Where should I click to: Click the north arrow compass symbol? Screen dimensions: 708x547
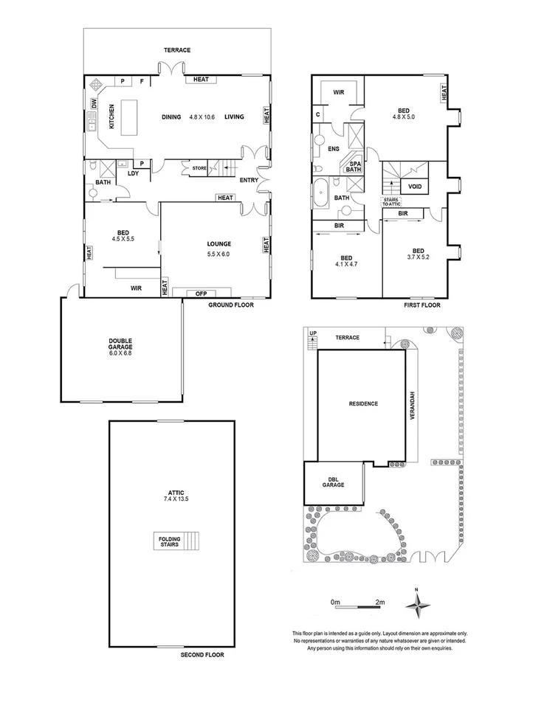coord(417,604)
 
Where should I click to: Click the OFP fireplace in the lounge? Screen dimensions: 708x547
coord(201,293)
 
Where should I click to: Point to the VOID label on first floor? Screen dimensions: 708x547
coord(414,187)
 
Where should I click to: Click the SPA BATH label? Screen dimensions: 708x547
coord(354,167)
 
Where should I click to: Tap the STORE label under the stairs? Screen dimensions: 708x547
coord(199,168)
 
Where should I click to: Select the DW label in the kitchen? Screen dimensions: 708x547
coord(94,104)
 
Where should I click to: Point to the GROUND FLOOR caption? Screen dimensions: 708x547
coord(230,304)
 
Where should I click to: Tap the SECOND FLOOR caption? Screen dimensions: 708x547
coord(202,655)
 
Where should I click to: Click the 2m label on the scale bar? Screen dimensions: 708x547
coord(380,603)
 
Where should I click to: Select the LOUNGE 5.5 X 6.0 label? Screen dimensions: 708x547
coord(219,249)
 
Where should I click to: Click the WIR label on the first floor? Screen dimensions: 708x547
coord(340,93)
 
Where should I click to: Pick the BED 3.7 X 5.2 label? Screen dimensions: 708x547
coord(418,253)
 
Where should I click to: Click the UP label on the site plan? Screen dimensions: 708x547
coord(313,333)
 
